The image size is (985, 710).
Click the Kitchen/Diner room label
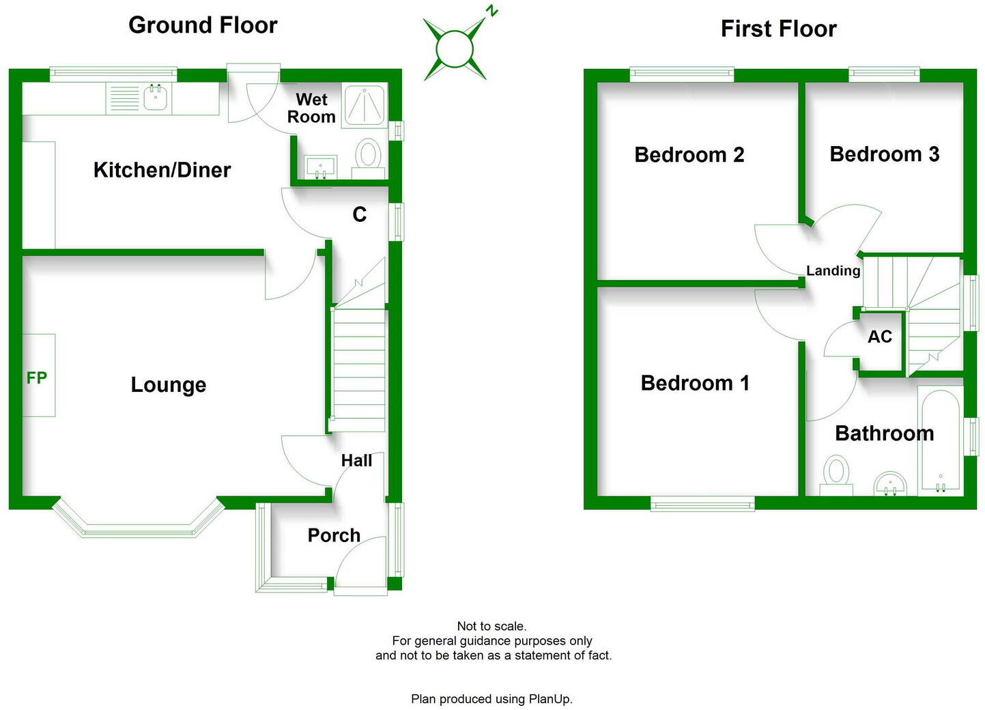(x=162, y=170)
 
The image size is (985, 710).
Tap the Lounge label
(x=169, y=385)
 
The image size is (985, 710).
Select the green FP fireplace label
(x=36, y=378)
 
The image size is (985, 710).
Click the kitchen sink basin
(x=155, y=97)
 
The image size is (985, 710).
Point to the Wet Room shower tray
(x=365, y=106)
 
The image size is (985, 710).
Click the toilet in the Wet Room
(x=369, y=158)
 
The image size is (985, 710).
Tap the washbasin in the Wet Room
(x=321, y=167)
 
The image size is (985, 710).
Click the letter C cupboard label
(x=359, y=214)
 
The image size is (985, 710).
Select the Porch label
(x=334, y=535)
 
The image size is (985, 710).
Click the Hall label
(x=356, y=461)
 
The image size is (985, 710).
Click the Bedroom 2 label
(x=689, y=155)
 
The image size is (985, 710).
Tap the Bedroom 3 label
(x=884, y=154)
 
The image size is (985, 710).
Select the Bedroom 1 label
(x=695, y=383)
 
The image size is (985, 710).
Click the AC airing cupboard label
(x=880, y=337)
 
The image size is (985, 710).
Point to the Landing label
(x=833, y=270)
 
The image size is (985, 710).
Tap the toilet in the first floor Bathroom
(x=836, y=476)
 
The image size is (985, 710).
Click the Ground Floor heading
(x=203, y=25)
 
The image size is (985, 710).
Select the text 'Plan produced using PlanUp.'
(x=491, y=699)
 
